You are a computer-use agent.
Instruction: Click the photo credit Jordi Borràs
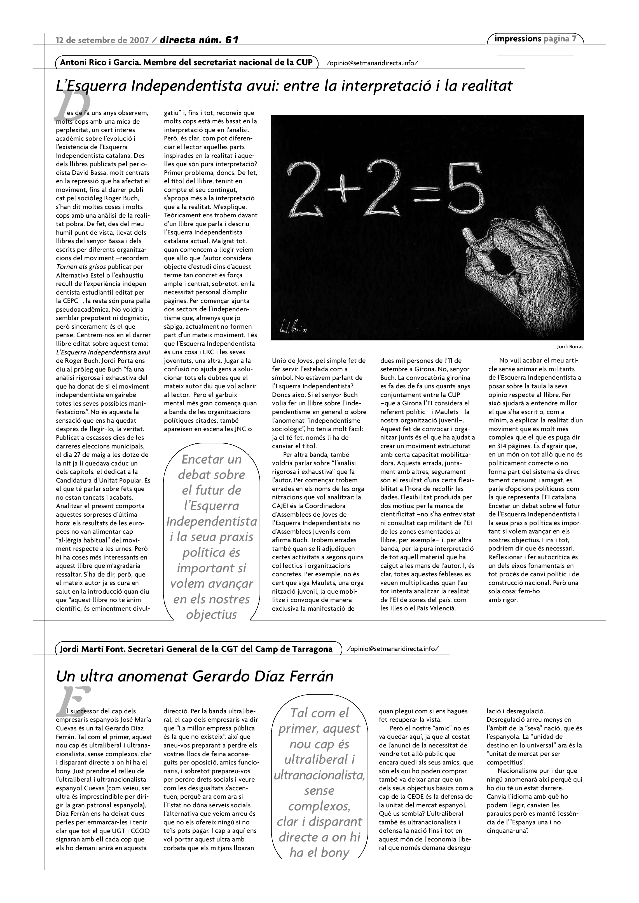click(x=570, y=347)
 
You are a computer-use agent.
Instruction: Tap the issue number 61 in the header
click(x=232, y=40)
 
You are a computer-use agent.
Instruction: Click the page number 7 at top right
click(x=574, y=39)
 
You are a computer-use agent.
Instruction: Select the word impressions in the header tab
click(x=518, y=39)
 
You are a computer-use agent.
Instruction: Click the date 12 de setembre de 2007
click(x=102, y=40)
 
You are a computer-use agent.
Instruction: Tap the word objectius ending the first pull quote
click(x=211, y=614)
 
